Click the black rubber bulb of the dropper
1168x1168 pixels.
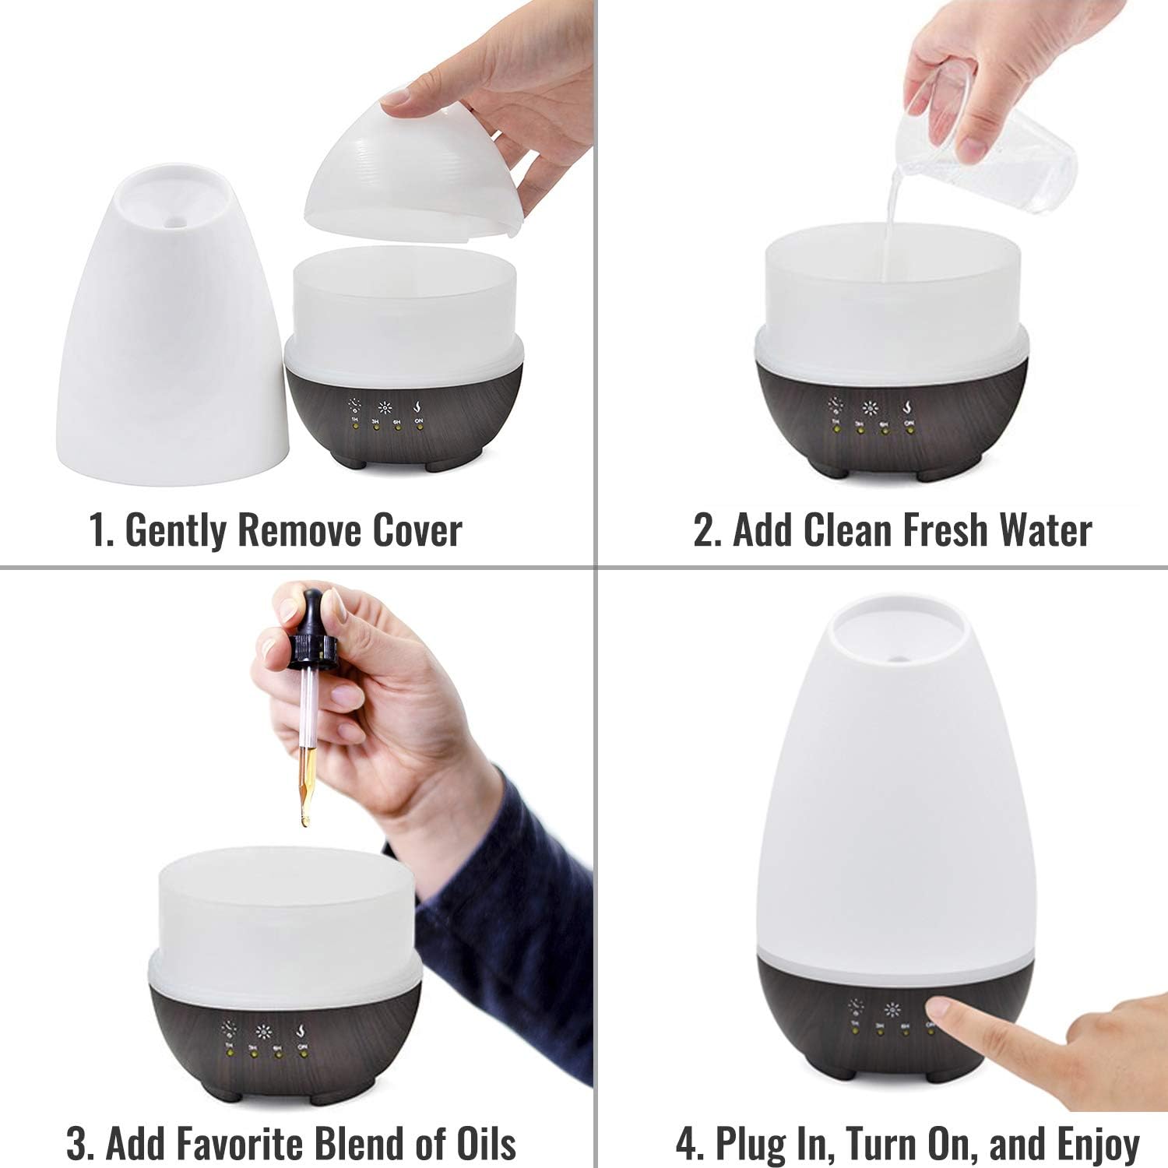pyautogui.click(x=312, y=615)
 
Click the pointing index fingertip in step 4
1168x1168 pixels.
pyautogui.click(x=939, y=1010)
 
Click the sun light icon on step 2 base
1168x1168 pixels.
pyautogui.click(x=871, y=408)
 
